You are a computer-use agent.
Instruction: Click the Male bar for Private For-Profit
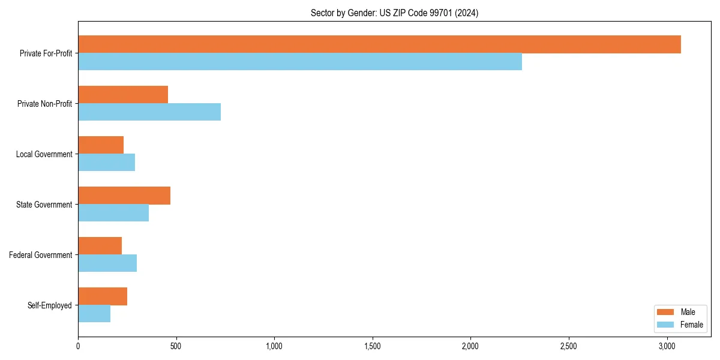tap(379, 44)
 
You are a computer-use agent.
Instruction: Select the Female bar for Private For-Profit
tap(300, 62)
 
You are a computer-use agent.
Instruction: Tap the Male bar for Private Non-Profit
tap(123, 95)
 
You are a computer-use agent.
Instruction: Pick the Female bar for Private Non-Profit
tap(149, 112)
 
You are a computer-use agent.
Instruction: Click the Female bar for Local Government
tap(106, 163)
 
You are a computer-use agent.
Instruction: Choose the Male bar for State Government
tap(124, 196)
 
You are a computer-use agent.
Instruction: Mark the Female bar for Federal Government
tap(107, 263)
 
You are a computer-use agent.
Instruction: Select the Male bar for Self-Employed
tap(103, 296)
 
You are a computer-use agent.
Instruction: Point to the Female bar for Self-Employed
tap(94, 314)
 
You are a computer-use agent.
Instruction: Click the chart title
tap(394, 13)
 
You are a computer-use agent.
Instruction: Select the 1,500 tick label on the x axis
tap(373, 346)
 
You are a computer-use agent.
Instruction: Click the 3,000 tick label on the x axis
tap(667, 346)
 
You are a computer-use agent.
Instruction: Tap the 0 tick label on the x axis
tap(78, 346)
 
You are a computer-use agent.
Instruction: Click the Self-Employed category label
tap(50, 305)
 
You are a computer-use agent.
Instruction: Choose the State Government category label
tap(44, 205)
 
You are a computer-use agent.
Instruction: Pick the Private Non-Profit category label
tap(45, 104)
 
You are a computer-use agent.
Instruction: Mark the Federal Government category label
tap(41, 255)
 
